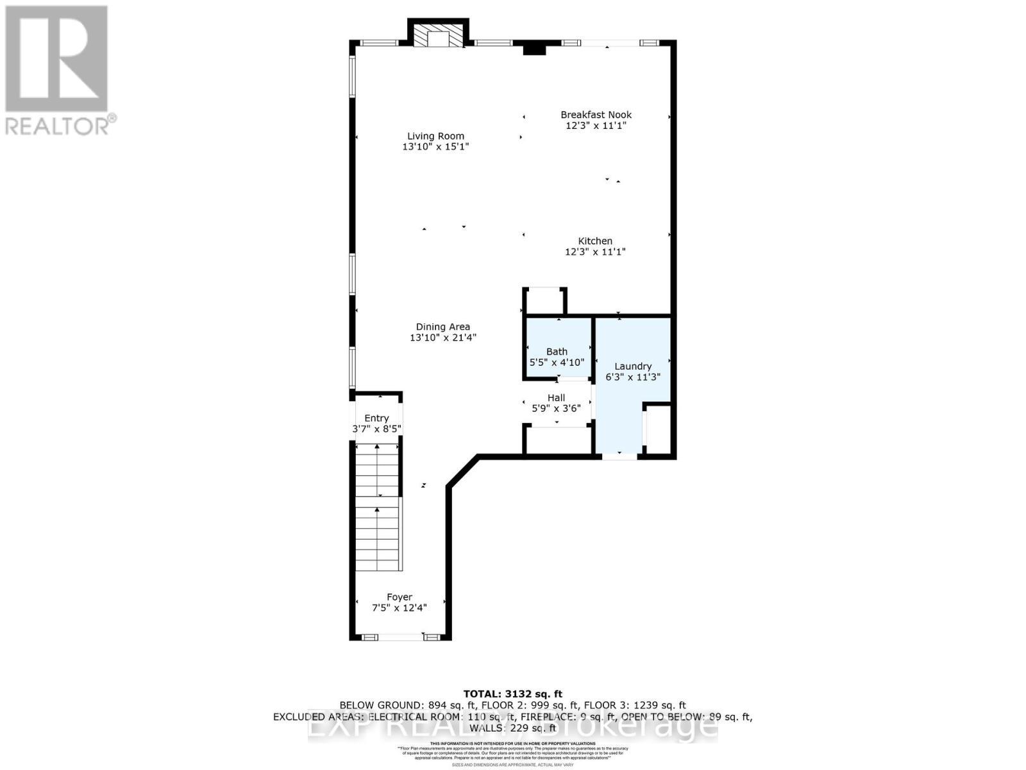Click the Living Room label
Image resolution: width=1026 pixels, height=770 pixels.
tap(435, 136)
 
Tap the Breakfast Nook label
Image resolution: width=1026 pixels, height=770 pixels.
tap(596, 115)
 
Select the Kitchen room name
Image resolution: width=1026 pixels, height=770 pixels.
tap(595, 241)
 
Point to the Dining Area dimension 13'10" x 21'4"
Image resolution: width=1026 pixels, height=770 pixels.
tap(443, 338)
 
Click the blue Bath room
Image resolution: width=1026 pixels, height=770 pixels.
tap(557, 346)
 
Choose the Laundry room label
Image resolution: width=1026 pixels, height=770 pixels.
tap(632, 366)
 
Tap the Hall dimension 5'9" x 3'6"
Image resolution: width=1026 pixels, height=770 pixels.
tap(556, 407)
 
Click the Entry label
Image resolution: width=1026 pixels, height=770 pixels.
tap(376, 418)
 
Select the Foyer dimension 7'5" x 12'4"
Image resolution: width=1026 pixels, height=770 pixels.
tap(399, 608)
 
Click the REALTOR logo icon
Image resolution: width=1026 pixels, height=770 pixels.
tap(56, 59)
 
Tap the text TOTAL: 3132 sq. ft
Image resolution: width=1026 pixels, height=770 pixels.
tap(512, 694)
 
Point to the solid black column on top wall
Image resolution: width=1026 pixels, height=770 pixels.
tap(533, 49)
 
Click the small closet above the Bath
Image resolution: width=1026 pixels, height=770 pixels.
tap(544, 302)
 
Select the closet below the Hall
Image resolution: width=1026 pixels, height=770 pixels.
tap(557, 441)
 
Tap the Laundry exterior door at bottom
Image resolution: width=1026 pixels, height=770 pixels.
tap(619, 456)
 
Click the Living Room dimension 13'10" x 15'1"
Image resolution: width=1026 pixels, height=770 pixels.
tap(435, 147)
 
